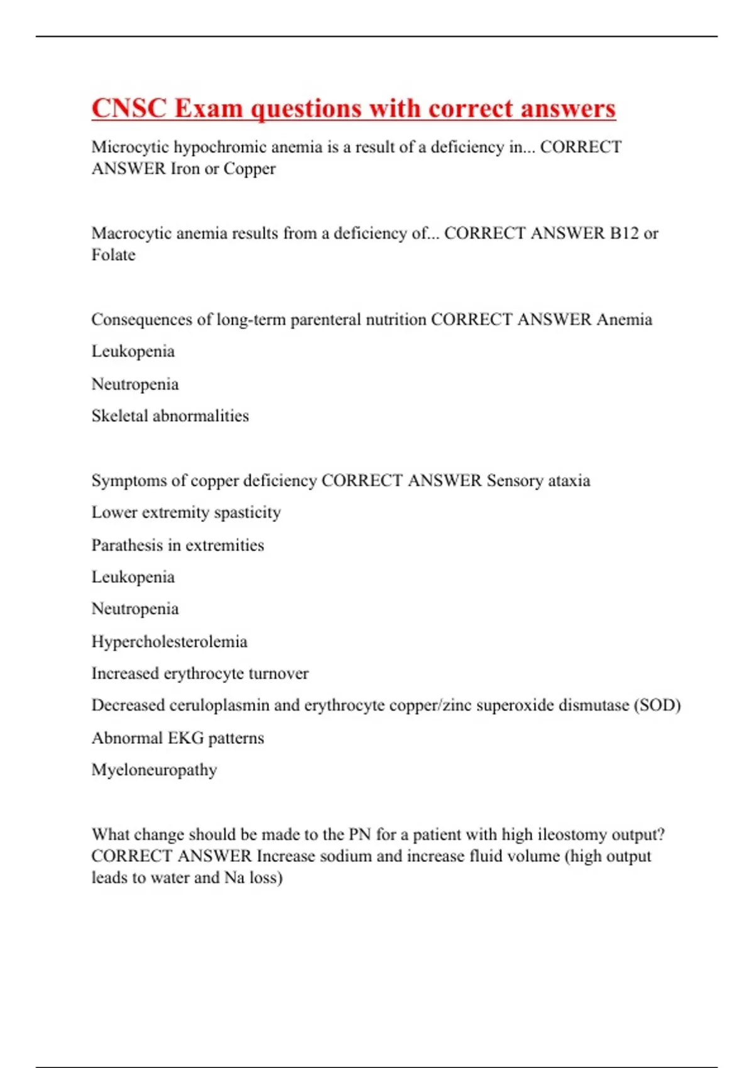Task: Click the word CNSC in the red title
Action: point(129,108)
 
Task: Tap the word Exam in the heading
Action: point(209,108)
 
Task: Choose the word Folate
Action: point(113,255)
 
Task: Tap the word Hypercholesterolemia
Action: point(169,641)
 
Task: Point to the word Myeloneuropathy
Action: point(154,770)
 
